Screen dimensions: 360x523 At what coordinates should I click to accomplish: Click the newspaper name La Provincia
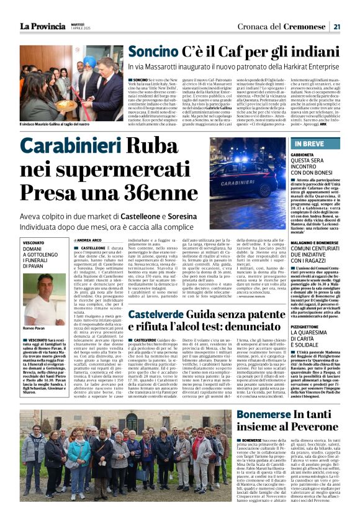[x=42, y=26]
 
